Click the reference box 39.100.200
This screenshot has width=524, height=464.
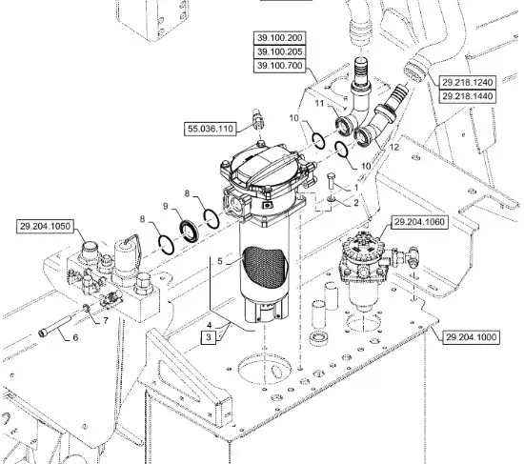pyautogui.click(x=280, y=38)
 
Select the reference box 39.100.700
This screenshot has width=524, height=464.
pyautogui.click(x=280, y=66)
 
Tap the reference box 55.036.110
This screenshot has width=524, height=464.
pyautogui.click(x=211, y=129)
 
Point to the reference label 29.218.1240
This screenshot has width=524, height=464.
pyautogui.click(x=467, y=83)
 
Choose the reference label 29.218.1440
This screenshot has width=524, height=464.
pyautogui.click(x=467, y=96)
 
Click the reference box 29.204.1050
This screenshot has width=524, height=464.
pyautogui.click(x=45, y=227)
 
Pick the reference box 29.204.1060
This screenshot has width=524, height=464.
pyautogui.click(x=419, y=222)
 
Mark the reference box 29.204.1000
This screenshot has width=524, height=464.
pyautogui.click(x=472, y=337)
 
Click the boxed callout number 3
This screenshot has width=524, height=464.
pyautogui.click(x=209, y=337)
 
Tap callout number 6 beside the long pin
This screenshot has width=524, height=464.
pyautogui.click(x=75, y=337)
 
